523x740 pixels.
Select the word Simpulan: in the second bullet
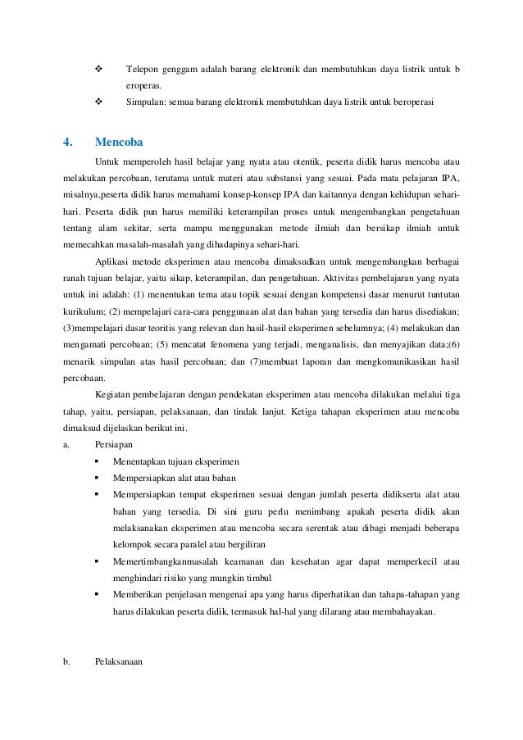[146, 102]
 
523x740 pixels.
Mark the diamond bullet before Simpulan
[99, 102]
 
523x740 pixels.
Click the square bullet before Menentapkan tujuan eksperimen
[98, 462]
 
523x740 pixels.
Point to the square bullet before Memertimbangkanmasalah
[98, 561]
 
